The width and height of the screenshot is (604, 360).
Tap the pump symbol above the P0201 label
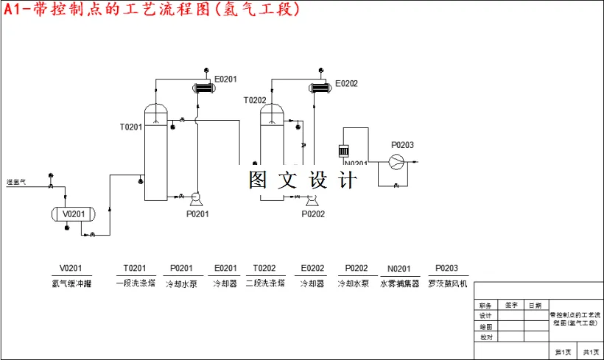click(x=196, y=197)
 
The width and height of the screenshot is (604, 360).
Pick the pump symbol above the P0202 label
click(x=312, y=198)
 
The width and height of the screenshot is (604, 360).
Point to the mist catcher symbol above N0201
click(x=343, y=151)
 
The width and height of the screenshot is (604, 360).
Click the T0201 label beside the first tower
click(x=131, y=127)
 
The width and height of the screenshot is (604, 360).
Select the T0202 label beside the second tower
click(x=255, y=100)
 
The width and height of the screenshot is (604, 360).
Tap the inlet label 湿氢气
click(x=16, y=182)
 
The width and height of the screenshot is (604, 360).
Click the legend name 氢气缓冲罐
click(x=71, y=283)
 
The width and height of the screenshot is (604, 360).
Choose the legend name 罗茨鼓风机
click(x=446, y=283)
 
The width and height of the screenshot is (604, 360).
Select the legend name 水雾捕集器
click(x=399, y=283)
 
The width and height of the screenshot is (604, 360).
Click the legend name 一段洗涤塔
click(x=135, y=283)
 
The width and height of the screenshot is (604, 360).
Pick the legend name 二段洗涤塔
click(x=264, y=283)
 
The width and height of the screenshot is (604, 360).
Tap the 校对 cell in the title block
click(x=485, y=337)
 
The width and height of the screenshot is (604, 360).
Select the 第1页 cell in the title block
click(x=563, y=352)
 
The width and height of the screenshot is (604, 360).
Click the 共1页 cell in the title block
click(x=591, y=352)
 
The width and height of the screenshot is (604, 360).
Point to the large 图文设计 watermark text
click(x=303, y=180)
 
